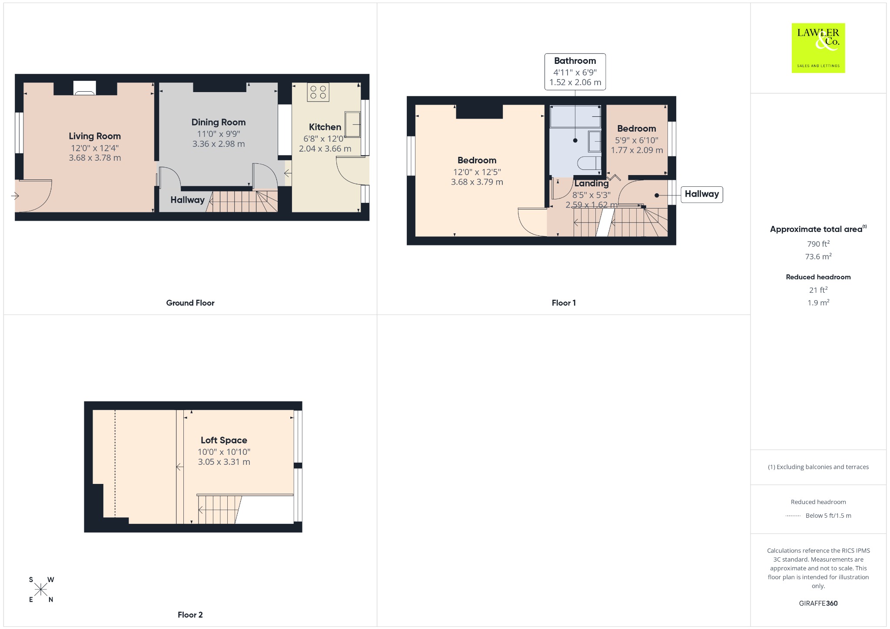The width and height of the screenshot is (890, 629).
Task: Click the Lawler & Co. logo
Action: click(818, 48)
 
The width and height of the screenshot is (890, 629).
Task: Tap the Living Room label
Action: click(95, 136)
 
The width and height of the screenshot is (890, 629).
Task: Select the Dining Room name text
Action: click(219, 122)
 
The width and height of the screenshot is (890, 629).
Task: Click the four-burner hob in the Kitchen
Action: click(318, 92)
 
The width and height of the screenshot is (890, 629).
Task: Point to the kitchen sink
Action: click(353, 124)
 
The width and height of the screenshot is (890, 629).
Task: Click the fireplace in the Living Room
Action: click(85, 88)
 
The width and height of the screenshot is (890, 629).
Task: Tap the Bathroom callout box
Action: click(575, 72)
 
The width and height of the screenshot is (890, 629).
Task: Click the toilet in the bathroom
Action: click(589, 163)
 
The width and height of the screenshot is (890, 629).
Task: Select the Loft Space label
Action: click(224, 440)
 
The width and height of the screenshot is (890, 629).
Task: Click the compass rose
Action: click(41, 589)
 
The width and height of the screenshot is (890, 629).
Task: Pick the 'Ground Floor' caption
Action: click(190, 303)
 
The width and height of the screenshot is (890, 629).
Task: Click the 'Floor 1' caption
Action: click(564, 303)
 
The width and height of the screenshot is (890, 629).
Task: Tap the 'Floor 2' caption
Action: click(190, 615)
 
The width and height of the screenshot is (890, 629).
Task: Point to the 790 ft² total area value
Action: click(818, 244)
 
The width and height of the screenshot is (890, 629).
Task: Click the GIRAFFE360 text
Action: click(818, 603)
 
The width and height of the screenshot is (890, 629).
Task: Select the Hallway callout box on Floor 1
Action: click(702, 194)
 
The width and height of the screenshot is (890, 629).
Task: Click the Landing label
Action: click(591, 183)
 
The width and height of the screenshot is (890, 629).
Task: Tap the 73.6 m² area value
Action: click(818, 256)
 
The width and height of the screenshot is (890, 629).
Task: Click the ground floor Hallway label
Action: click(187, 200)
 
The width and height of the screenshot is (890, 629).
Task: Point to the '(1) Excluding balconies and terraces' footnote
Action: click(818, 467)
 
